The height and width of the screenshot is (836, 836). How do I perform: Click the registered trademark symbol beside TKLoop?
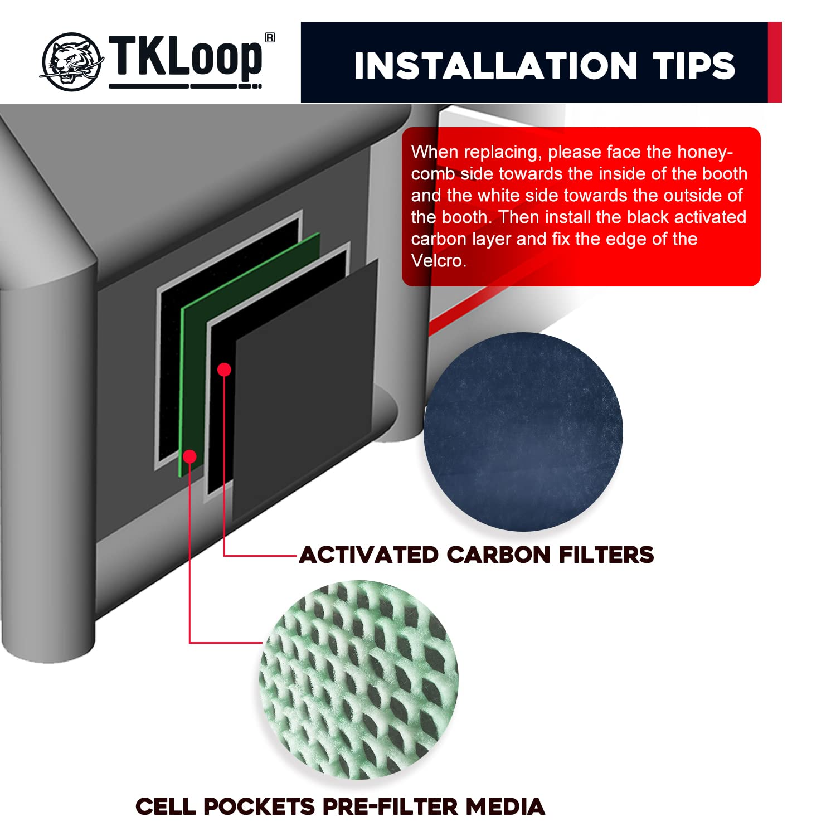click(x=270, y=38)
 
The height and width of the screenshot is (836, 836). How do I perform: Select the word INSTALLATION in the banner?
click(x=495, y=66)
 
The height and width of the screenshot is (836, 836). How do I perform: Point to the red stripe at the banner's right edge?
click(x=775, y=62)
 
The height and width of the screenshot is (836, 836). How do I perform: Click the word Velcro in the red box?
click(x=438, y=261)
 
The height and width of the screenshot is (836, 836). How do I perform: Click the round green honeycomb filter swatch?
click(x=359, y=680)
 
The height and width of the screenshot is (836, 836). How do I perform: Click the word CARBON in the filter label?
click(x=498, y=555)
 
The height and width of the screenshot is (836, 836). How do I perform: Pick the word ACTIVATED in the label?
click(x=369, y=555)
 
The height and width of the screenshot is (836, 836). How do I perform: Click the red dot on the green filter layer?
click(x=190, y=456)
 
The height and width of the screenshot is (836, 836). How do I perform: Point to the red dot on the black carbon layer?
click(x=224, y=370)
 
